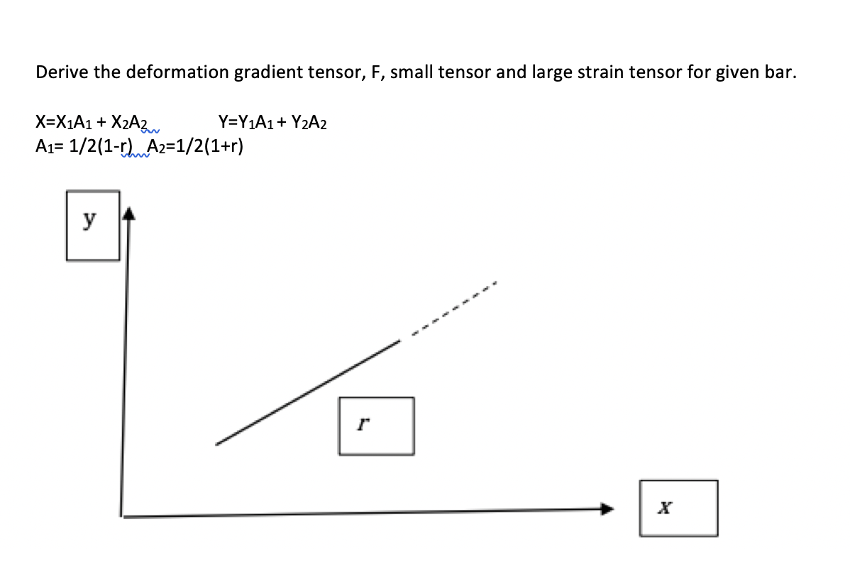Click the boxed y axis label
(x=92, y=225)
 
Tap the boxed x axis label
(x=678, y=508)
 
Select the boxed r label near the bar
(x=376, y=426)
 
